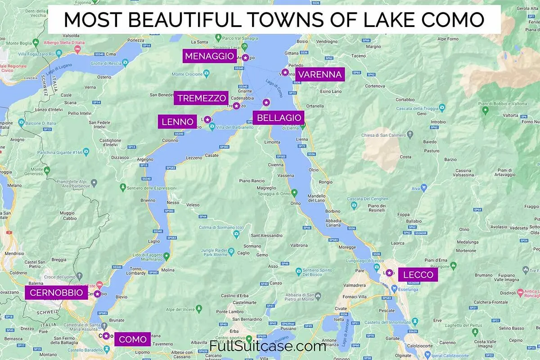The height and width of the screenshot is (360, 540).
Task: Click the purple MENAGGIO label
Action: (x=210, y=56)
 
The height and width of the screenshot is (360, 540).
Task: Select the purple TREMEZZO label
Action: (x=202, y=98)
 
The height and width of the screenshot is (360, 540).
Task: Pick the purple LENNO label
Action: (x=177, y=121)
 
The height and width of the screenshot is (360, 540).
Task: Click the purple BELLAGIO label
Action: (x=279, y=118)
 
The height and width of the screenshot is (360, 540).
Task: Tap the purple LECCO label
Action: (x=418, y=275)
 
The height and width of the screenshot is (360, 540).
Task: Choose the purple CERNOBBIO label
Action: (x=56, y=293)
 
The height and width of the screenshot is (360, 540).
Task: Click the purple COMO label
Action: (x=132, y=339)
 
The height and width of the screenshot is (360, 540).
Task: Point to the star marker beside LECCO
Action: (x=389, y=273)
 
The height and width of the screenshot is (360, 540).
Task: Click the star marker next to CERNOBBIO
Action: (x=97, y=294)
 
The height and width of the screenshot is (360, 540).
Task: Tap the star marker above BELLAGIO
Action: (x=266, y=102)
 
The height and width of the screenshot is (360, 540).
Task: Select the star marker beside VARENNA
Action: (x=284, y=72)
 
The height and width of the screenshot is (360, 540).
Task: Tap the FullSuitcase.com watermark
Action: (x=268, y=346)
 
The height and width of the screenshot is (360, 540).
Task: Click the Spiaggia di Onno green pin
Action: (x=294, y=193)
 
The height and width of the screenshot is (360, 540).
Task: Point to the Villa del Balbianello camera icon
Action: (x=212, y=127)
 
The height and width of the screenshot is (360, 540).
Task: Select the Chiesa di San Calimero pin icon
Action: (x=410, y=134)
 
